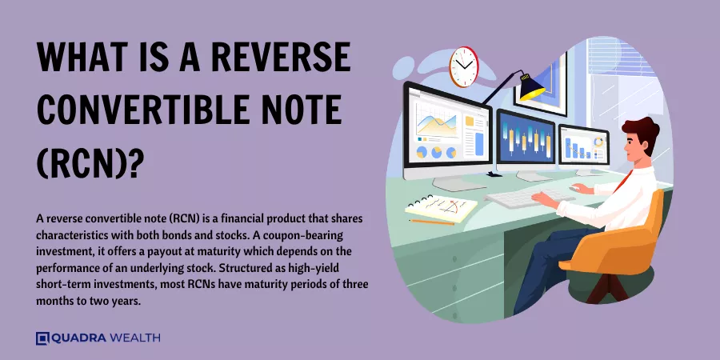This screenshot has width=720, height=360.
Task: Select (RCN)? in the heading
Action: point(88,163)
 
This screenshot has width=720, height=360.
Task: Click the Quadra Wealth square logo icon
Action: point(42,338)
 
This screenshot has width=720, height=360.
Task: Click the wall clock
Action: point(463,66)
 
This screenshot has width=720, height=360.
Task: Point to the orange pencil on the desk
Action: point(432,222)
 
